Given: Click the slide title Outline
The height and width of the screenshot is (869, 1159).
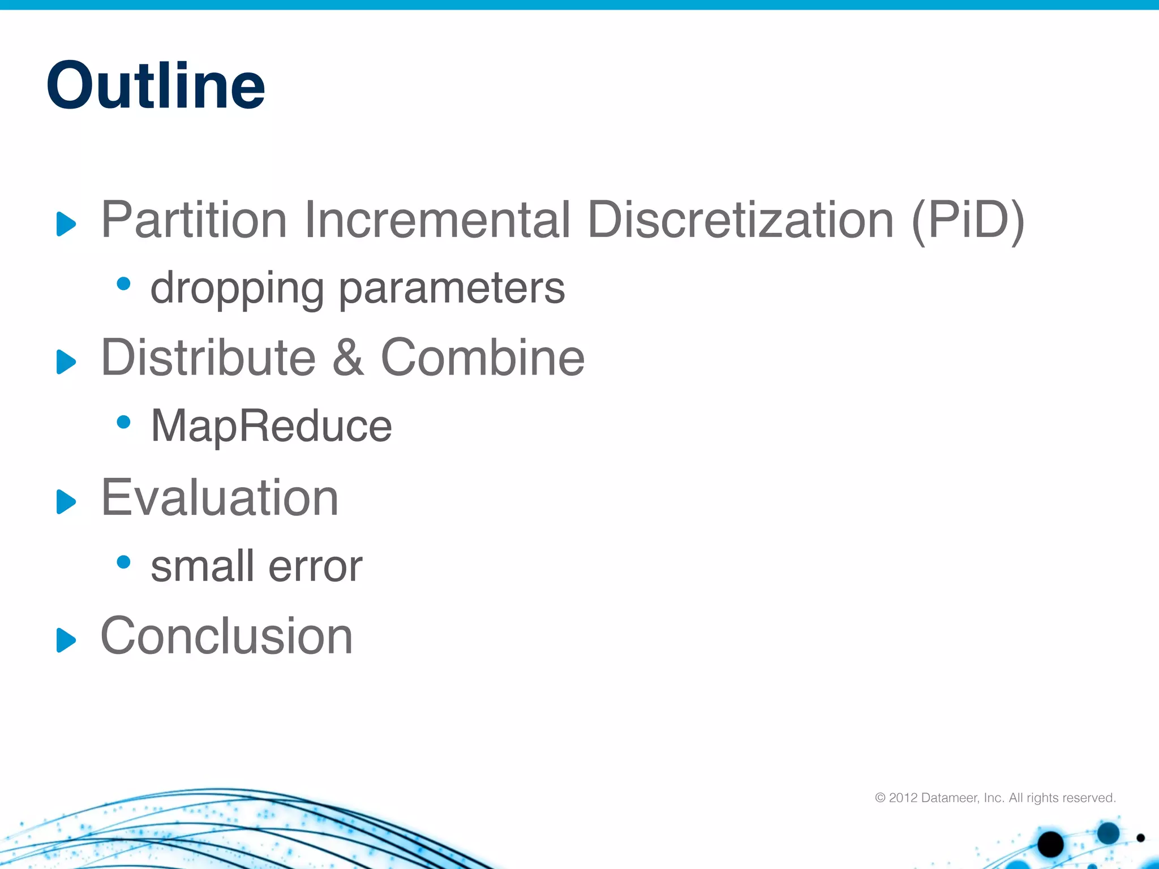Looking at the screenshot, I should point(156,86).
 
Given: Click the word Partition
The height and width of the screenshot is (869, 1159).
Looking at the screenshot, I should point(194,220).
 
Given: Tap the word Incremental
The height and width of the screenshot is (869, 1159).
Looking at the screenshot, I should point(437,220).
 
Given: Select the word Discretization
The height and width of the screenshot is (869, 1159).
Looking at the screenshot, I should point(740,220).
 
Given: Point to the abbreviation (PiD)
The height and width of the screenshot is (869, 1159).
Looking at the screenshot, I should point(968,220).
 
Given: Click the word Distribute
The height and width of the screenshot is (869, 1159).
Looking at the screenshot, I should point(208,358).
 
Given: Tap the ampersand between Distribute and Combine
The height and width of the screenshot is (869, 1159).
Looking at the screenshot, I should point(347,358).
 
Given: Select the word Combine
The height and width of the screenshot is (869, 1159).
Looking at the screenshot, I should point(482,358).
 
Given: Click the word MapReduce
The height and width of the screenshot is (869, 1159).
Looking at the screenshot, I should point(271,426).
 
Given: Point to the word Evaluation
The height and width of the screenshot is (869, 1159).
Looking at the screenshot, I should point(220,497).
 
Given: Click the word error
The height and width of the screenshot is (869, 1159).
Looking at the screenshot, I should point(315,566).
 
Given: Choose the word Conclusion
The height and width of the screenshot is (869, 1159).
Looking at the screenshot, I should point(226,636).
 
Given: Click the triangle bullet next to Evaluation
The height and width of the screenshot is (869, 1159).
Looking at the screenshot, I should point(66,501).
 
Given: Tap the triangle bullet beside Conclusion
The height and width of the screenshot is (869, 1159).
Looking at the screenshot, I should point(66,640).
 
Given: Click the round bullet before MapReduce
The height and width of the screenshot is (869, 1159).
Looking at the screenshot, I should point(123,421).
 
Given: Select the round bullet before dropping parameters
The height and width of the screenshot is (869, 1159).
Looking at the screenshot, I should point(123,283).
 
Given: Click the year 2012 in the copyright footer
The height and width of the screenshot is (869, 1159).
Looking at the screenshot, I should point(903,798).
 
